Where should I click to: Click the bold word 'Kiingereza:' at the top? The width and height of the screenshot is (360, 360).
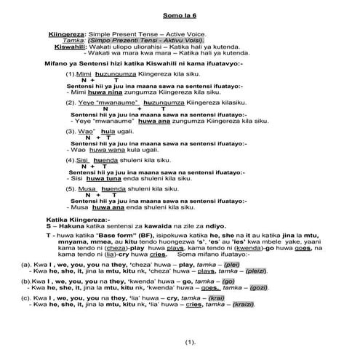tap(67, 33)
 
